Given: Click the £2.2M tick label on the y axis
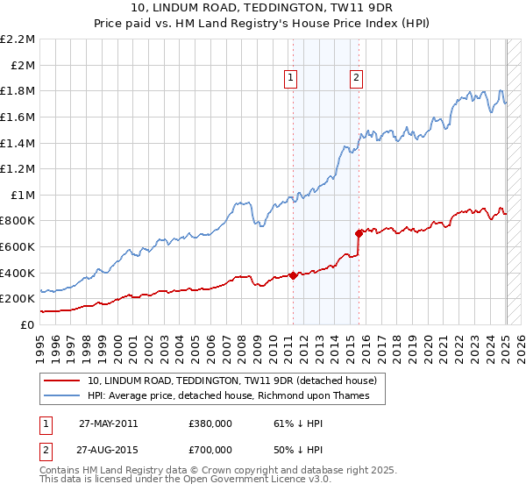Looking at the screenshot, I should point(18,39).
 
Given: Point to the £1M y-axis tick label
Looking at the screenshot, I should point(23,195).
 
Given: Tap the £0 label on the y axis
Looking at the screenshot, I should point(27,324).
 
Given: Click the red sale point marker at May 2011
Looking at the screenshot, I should point(293,275).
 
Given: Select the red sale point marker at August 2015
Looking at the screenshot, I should point(359,233).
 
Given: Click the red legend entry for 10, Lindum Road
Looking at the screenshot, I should point(232,381).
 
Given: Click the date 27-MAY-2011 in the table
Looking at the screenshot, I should point(108,423).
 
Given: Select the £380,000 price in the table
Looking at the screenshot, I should point(210,423).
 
